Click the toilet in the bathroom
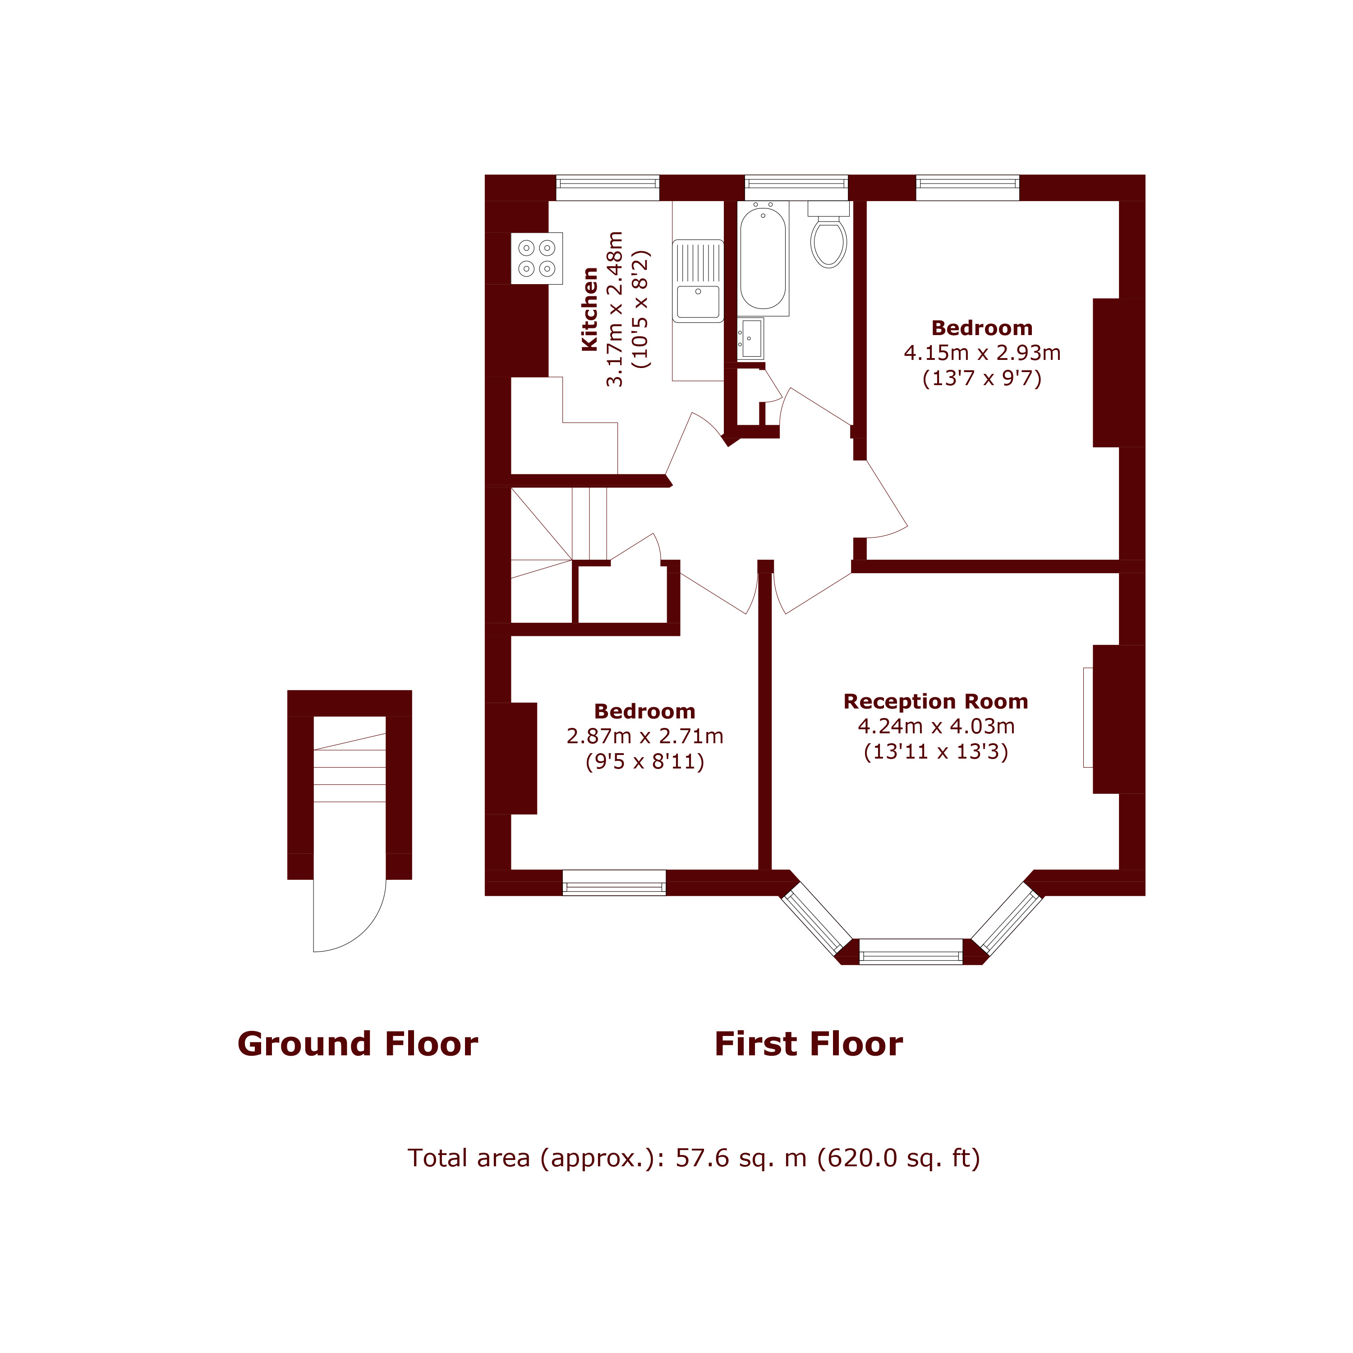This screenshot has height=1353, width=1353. point(828,240)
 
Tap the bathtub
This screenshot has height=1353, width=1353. point(763,257)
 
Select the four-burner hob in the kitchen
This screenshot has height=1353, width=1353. point(536,258)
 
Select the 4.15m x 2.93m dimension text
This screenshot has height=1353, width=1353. point(982,353)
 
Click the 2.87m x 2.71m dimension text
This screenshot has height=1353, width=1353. point(644,736)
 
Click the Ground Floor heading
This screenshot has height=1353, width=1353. point(357,1044)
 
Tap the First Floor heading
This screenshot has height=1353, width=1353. point(808,1044)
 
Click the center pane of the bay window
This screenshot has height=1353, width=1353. point(911,952)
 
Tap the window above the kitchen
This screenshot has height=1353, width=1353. point(607,184)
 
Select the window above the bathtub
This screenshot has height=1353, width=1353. point(796,184)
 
